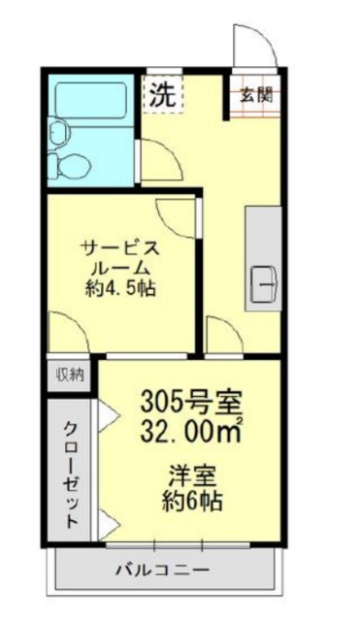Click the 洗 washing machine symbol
(x=161, y=95)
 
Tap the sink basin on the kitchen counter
(x=263, y=282)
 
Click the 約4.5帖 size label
(x=120, y=288)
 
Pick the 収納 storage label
(x=69, y=374)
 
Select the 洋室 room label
(x=193, y=477)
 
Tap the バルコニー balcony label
(x=160, y=569)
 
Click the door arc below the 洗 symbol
(x=157, y=155)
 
